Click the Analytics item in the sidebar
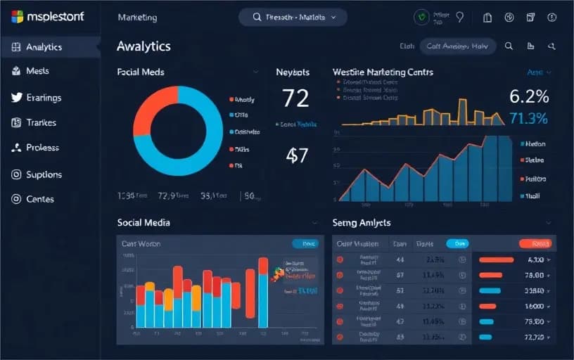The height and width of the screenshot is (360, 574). pos(44,47)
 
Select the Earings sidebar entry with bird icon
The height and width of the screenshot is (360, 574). pos(43,98)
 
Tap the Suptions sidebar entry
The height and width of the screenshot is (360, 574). pos(44,174)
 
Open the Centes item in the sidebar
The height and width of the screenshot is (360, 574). pos(39,199)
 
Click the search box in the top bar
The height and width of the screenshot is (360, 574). pos(293,17)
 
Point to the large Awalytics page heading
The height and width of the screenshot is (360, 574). pos(143,46)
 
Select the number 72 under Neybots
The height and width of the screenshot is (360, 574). pos(295,98)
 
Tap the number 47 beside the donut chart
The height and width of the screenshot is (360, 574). pos(297,155)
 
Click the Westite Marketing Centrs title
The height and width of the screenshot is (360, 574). pos(383,72)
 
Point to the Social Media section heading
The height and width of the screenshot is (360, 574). pos(143,222)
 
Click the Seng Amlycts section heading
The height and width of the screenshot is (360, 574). pos(362,222)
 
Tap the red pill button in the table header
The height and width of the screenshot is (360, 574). pos(535,244)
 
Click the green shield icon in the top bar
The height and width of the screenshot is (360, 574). pos(422,18)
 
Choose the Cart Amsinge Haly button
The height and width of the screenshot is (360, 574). pos(457,46)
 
